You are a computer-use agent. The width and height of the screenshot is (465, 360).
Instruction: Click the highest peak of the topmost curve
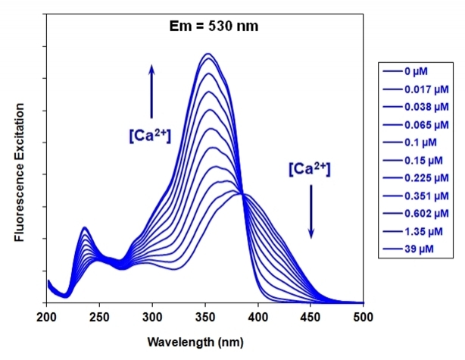tap(208, 54)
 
